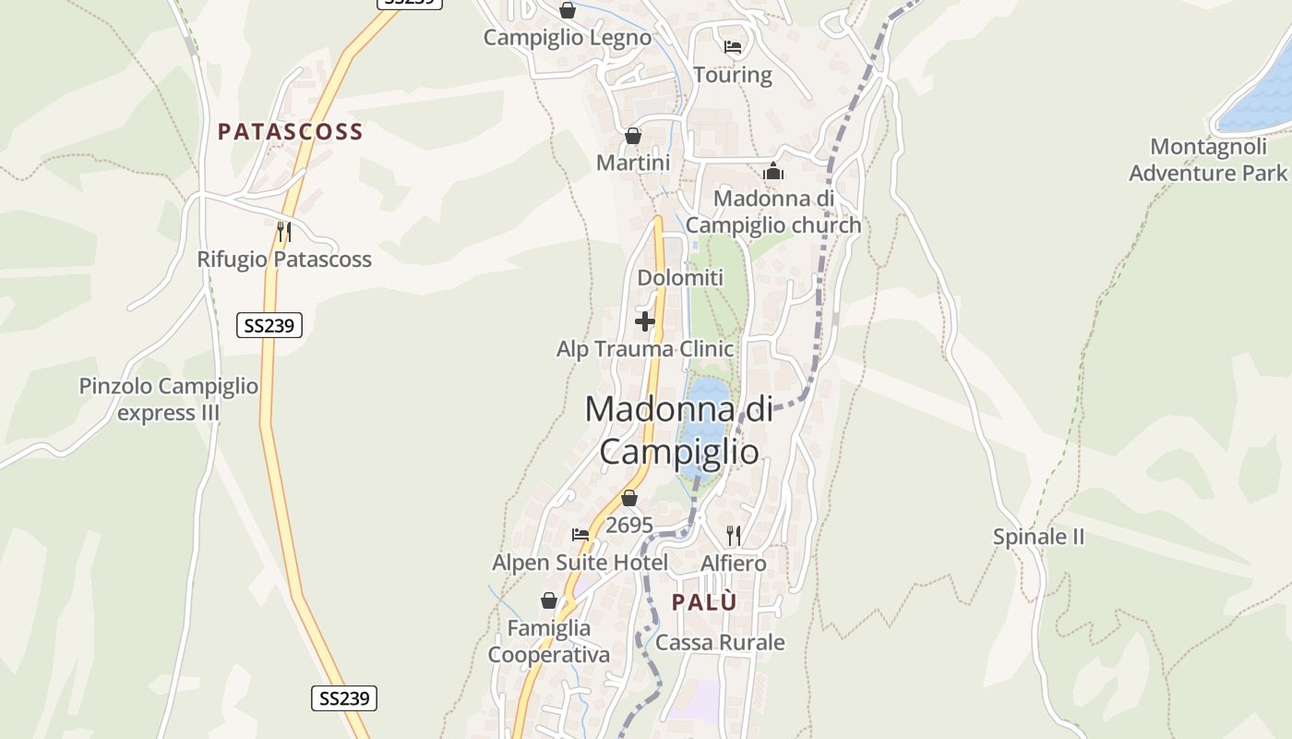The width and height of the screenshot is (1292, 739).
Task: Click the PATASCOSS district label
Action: pos(290,132)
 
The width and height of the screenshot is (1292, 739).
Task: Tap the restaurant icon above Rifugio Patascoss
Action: pos(284,231)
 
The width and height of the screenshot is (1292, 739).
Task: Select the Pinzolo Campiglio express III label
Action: pos(169,399)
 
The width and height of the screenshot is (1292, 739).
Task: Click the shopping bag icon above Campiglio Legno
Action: pos(568,10)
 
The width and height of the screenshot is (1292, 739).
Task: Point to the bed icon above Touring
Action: pos(733,47)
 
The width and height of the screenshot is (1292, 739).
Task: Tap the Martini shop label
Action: pos(633,164)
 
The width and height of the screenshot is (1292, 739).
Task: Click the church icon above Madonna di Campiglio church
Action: pos(773,172)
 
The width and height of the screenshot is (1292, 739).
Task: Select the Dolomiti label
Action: pos(680,278)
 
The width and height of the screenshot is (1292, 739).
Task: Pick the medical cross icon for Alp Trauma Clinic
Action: pos(645,321)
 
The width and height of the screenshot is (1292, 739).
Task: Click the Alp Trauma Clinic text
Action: pos(645,349)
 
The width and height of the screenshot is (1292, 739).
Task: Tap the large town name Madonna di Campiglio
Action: pos(679,430)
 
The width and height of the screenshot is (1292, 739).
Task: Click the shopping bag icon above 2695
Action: pos(629,499)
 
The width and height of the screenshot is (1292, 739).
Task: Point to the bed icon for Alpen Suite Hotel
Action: pos(580,535)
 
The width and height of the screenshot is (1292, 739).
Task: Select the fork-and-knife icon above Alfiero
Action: pos(734,535)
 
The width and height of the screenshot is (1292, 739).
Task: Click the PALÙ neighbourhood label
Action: pos(704,602)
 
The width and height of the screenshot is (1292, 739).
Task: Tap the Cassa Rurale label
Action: pos(720,643)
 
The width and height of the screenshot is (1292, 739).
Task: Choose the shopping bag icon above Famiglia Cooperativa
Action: pos(549,601)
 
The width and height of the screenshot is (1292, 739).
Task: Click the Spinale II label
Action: pos(1038,537)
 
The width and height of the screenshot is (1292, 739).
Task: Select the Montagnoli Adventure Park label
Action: pos(1207,160)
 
